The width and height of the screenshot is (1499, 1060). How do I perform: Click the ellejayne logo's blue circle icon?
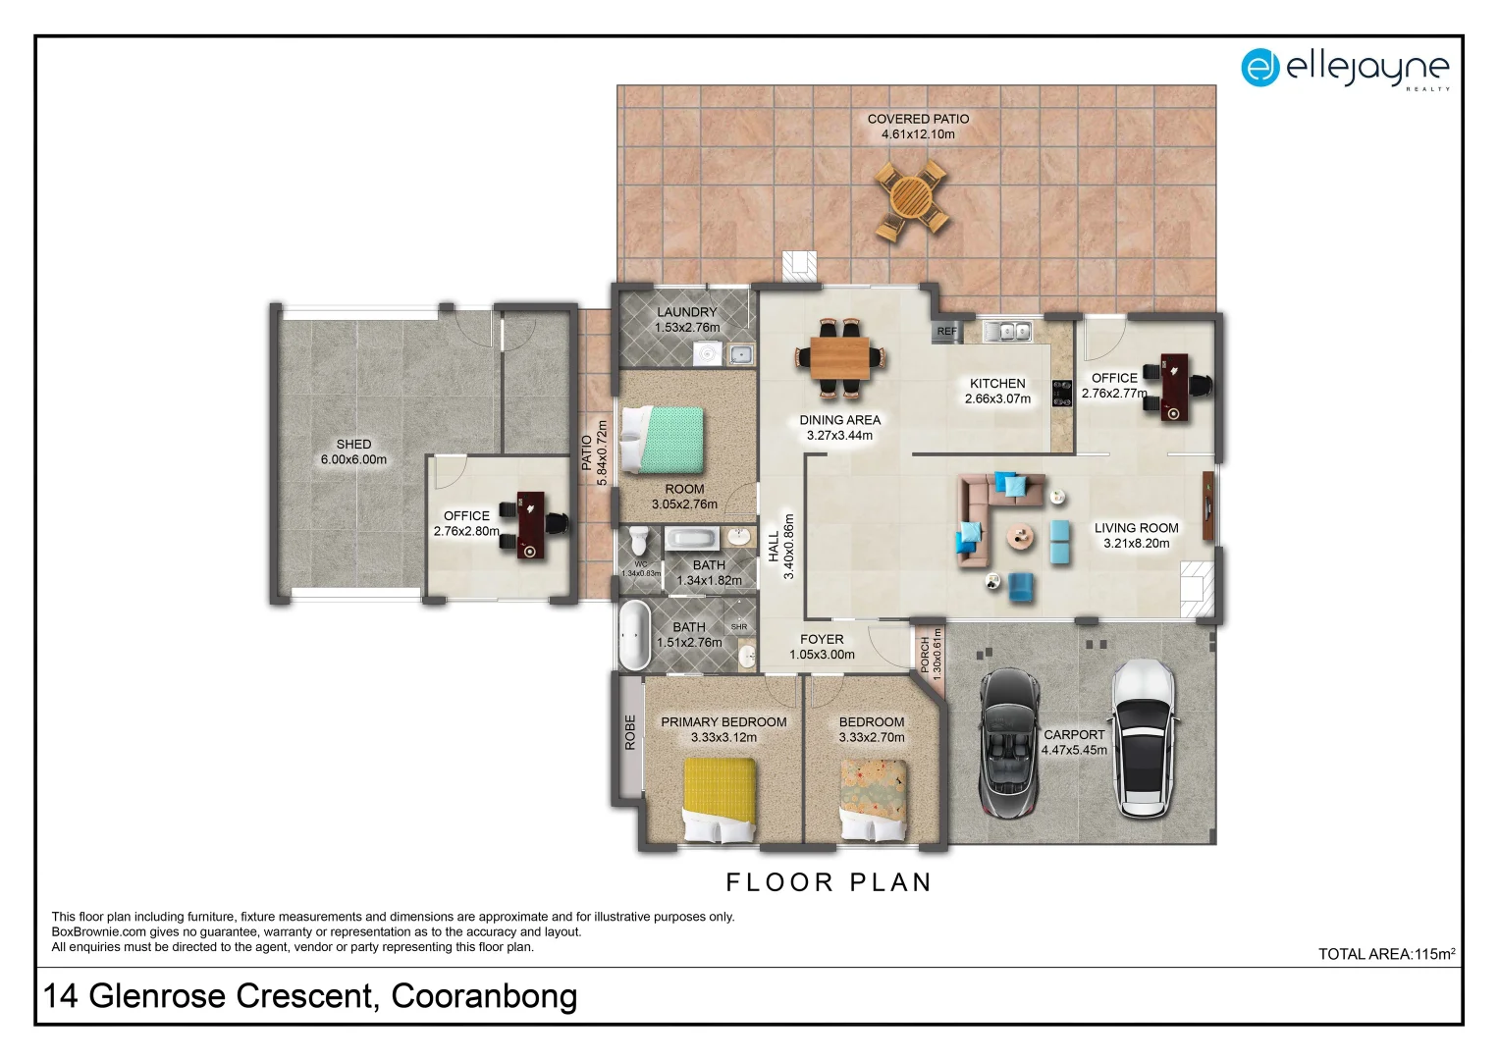point(1260,68)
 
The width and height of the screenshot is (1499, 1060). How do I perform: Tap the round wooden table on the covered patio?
point(911,198)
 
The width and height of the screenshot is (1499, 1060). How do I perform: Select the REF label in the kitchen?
point(947,332)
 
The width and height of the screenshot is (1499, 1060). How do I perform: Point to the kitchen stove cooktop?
point(1062,394)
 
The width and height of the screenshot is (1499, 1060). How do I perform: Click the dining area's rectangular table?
point(840,358)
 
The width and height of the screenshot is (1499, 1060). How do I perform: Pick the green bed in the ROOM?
point(663,440)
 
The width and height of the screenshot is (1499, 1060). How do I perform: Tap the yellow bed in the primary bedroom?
point(720,800)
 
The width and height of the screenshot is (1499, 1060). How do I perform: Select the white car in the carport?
point(1143,739)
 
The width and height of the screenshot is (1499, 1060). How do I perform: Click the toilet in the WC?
point(639,540)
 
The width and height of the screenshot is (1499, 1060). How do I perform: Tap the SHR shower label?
point(739,627)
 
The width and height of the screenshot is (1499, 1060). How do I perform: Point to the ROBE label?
point(629,732)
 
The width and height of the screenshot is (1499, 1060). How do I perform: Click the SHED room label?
point(353,445)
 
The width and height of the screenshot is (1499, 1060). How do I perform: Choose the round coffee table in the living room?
point(1020,537)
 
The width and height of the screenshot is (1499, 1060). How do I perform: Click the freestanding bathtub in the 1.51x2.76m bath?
point(634,635)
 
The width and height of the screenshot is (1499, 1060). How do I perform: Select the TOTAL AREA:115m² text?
point(1386,954)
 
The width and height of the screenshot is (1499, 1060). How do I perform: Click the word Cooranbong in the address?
point(484,996)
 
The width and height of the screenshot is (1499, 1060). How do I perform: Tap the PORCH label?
point(925,655)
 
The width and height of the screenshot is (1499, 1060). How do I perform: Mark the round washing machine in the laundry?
point(707,353)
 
